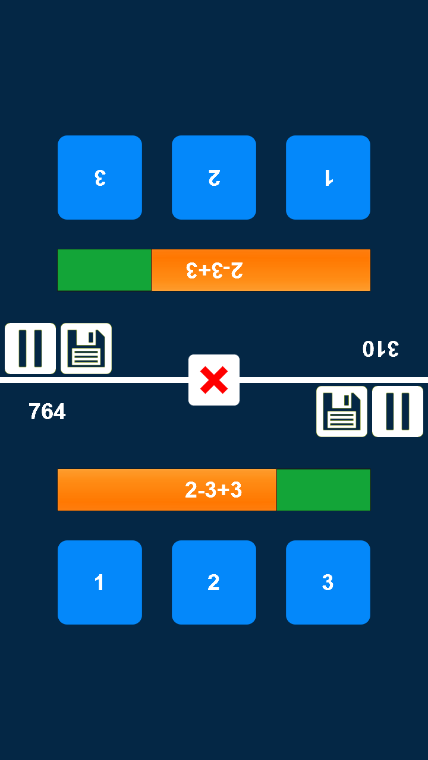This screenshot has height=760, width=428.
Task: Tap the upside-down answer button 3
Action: click(100, 178)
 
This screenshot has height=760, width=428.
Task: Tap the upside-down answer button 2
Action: click(214, 178)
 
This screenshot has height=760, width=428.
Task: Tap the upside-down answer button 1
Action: click(328, 178)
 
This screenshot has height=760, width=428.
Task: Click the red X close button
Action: click(214, 380)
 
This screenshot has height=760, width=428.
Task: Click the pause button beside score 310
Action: click(30, 349)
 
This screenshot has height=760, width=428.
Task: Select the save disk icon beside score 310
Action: click(86, 349)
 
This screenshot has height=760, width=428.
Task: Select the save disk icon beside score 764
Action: click(342, 411)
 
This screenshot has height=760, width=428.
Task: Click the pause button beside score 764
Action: click(398, 411)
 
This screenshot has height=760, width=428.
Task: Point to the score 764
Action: click(47, 411)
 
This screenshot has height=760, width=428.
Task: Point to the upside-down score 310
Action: click(380, 349)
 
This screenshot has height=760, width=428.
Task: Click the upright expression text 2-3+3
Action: click(213, 490)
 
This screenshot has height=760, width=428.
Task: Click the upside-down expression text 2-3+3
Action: click(215, 270)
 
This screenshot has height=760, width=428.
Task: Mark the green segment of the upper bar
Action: click(105, 270)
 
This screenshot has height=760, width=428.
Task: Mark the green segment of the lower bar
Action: click(323, 490)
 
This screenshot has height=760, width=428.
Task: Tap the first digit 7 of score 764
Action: click(34, 411)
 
